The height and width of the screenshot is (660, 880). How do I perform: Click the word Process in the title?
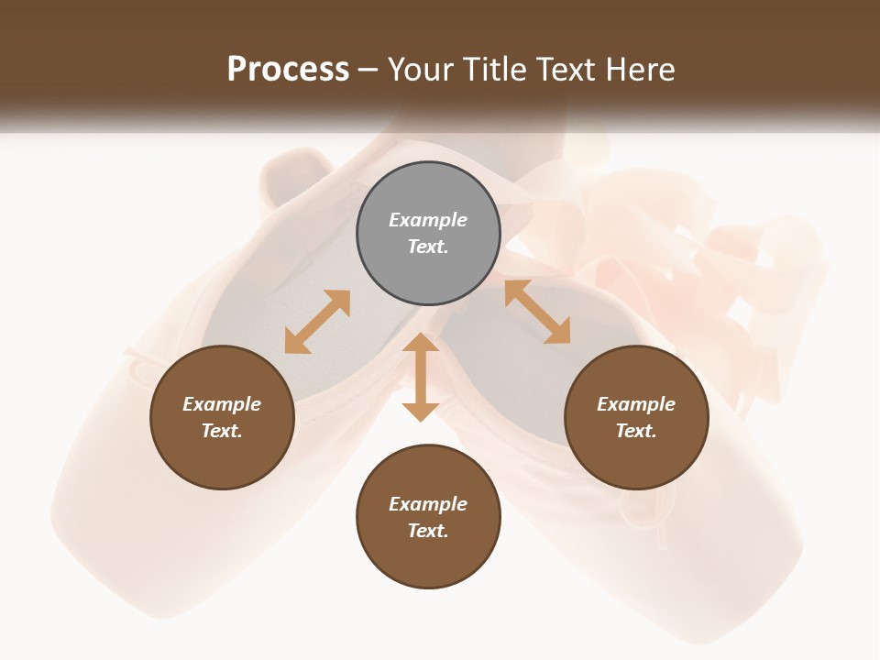[x=288, y=70]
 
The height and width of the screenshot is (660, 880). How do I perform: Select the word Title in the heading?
[x=498, y=70]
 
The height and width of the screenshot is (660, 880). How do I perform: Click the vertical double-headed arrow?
[x=421, y=377]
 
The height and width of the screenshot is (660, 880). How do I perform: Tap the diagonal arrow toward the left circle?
[x=317, y=322]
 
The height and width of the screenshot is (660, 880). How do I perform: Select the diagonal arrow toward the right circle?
[x=537, y=312]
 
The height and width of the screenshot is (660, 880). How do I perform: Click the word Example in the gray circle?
[x=428, y=220]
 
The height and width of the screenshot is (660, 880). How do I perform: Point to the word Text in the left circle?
[x=222, y=431]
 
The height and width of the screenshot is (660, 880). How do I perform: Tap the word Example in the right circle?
[x=636, y=404]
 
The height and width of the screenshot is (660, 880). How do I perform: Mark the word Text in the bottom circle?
[x=428, y=531]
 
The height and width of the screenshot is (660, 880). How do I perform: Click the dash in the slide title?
[x=368, y=70]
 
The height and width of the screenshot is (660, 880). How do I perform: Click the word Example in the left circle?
[x=222, y=404]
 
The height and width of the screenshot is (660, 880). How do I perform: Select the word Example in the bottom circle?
[x=428, y=504]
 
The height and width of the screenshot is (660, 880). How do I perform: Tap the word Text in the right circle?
[x=636, y=431]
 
